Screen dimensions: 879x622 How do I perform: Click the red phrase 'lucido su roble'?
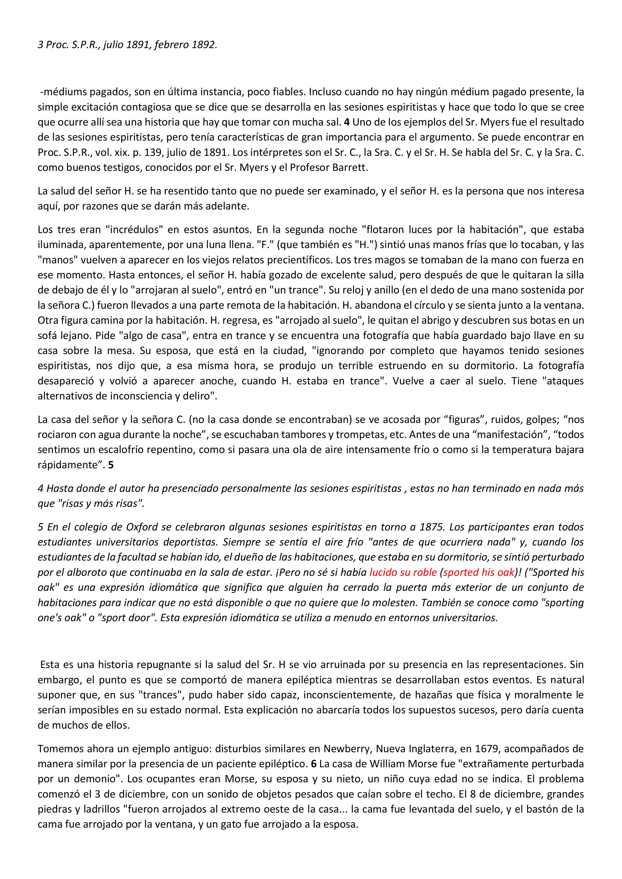tap(403, 572)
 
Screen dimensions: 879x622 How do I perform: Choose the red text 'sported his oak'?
tap(478, 572)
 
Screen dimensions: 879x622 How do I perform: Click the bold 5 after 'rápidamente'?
tap(111, 465)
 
